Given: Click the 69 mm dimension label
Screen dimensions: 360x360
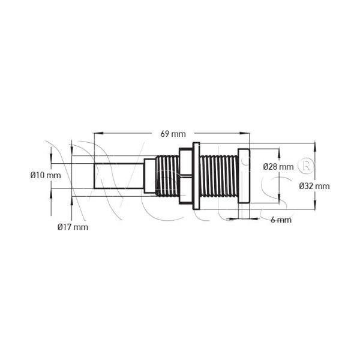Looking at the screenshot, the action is [173, 134].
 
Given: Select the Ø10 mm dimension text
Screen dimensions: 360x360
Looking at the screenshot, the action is [46, 175].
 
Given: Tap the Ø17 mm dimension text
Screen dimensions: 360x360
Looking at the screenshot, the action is [73, 227].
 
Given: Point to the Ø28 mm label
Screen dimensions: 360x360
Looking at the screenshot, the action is [278, 167].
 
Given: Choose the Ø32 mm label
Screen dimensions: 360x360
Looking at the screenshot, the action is [314, 186].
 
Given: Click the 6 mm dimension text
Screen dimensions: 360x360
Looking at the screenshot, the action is [281, 220].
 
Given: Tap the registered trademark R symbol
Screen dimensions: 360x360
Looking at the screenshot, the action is [306, 166].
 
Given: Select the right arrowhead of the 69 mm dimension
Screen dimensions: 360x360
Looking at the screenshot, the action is [245, 133].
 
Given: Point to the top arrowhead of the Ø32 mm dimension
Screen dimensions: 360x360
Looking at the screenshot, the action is [315, 147].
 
